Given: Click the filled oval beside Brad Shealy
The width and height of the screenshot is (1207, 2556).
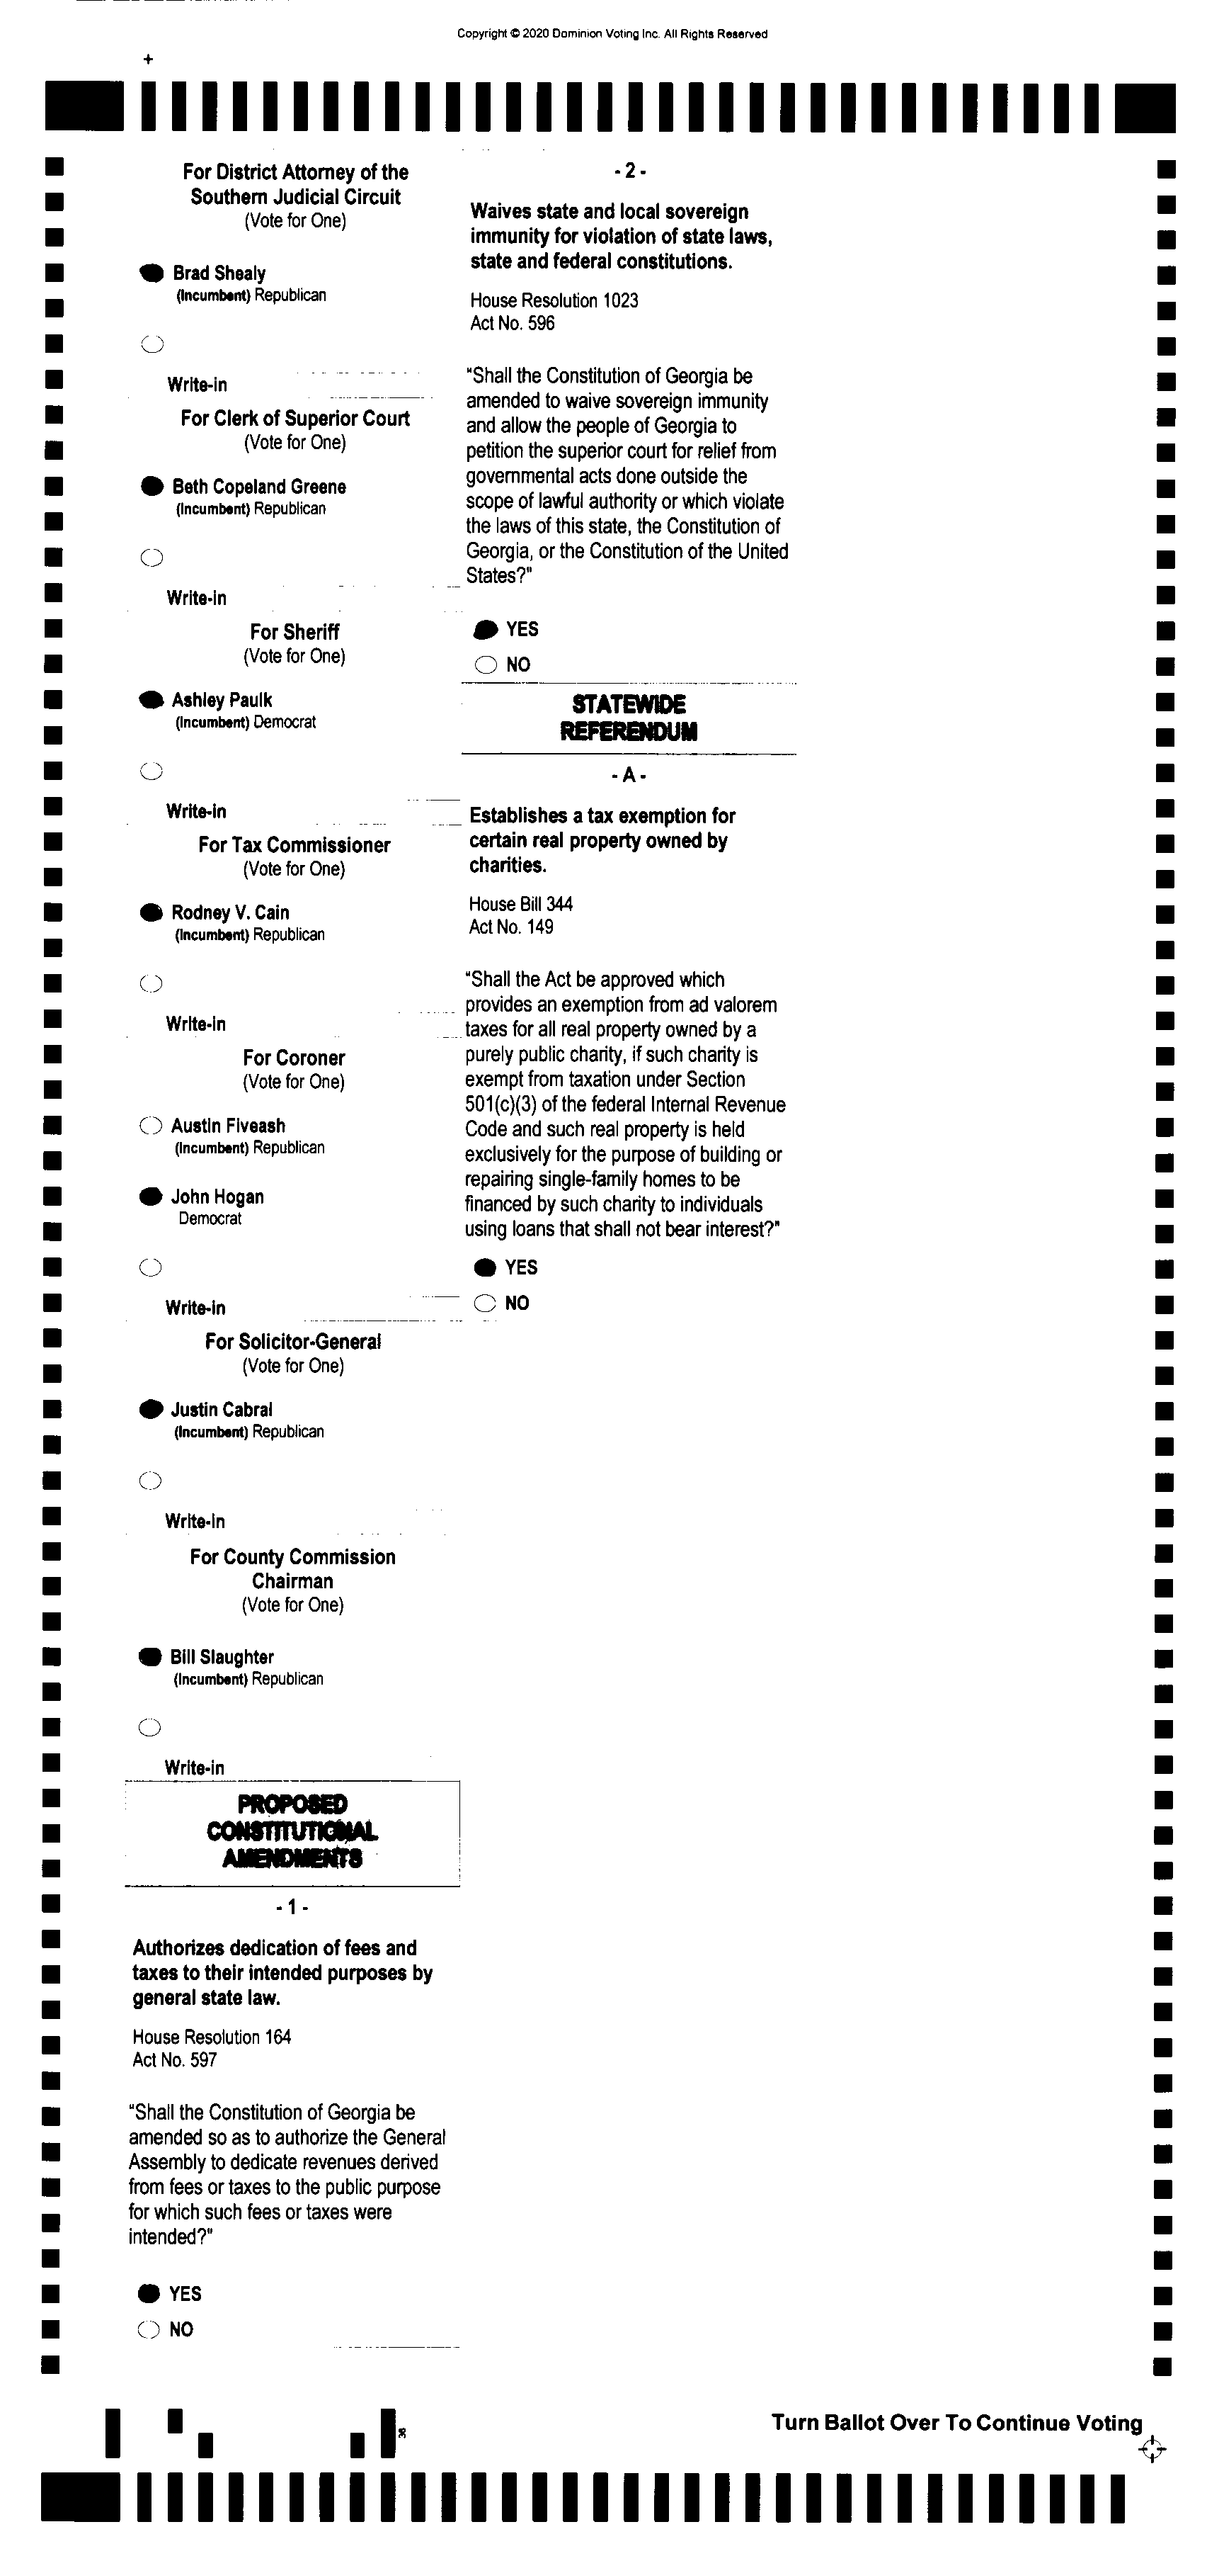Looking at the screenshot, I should click(x=151, y=273).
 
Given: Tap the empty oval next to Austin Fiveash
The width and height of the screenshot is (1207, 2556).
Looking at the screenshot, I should click(x=151, y=1126).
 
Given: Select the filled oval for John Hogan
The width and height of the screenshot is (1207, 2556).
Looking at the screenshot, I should click(x=151, y=1197).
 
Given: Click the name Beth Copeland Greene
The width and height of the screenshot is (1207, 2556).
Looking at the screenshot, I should click(x=259, y=486).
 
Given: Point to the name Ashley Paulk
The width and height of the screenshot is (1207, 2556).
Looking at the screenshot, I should click(x=221, y=699).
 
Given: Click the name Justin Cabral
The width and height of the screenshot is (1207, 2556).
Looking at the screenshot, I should click(x=221, y=1410).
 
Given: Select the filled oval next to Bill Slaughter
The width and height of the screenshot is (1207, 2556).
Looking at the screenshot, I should click(x=150, y=1657).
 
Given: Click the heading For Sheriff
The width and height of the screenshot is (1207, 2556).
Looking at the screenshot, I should click(x=294, y=632).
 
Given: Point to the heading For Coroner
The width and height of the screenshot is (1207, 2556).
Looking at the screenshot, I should click(x=294, y=1058).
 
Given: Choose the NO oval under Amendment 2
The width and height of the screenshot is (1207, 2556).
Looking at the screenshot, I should click(x=485, y=665).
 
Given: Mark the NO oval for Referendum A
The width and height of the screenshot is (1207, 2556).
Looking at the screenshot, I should click(x=484, y=1304).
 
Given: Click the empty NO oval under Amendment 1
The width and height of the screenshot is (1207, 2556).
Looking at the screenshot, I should click(x=149, y=2330).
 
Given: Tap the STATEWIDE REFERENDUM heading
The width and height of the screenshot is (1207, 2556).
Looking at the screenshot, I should click(x=629, y=718).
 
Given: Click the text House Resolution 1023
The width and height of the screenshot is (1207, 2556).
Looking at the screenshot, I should click(x=554, y=300).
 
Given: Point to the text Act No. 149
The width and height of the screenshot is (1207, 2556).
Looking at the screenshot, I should click(x=511, y=927).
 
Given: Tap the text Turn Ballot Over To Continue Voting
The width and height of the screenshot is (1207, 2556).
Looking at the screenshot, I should click(x=956, y=2423).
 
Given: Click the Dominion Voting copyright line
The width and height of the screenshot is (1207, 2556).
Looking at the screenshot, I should click(x=612, y=34).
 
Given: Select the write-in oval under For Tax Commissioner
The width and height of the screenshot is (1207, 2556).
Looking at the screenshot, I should click(x=151, y=983).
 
